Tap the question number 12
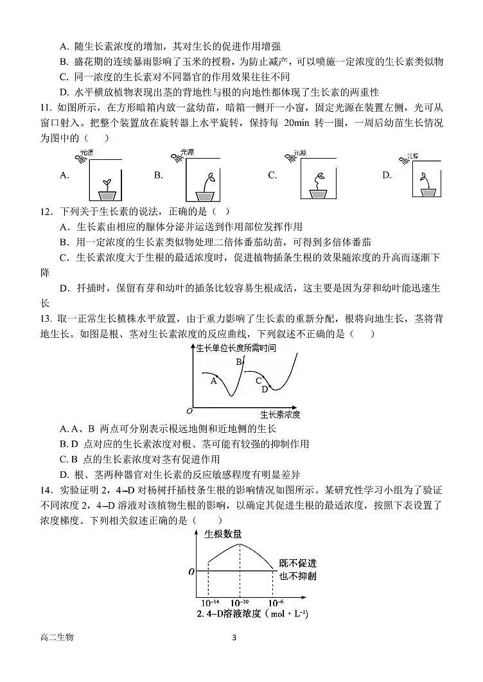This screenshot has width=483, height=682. (x=46, y=211)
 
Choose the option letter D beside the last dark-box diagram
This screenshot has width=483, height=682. (x=387, y=175)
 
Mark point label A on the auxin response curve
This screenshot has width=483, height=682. (x=214, y=381)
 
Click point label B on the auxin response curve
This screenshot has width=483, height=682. (x=238, y=362)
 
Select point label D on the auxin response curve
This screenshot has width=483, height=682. (x=264, y=389)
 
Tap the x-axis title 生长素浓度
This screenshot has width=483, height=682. (x=280, y=414)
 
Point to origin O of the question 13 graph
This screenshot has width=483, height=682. (x=189, y=410)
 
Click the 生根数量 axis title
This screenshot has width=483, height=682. (x=223, y=534)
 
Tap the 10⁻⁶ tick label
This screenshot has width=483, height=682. (x=276, y=603)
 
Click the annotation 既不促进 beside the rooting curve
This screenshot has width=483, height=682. (x=297, y=564)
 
